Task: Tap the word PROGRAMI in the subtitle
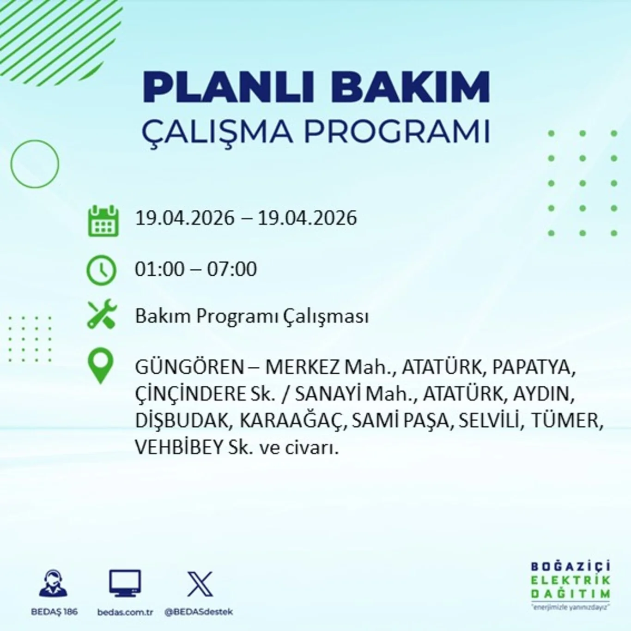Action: [x=396, y=131]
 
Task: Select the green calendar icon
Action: [x=103, y=222]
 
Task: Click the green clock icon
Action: [x=102, y=270]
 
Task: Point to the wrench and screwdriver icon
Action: [x=102, y=315]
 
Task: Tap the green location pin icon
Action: [x=101, y=365]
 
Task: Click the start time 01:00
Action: [x=159, y=269]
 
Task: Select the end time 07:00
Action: [x=232, y=269]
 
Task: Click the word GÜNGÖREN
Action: [x=189, y=367]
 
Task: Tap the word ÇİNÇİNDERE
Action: [x=190, y=394]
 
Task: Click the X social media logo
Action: [x=200, y=584]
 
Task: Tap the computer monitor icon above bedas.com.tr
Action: [x=125, y=583]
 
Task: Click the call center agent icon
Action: [x=54, y=583]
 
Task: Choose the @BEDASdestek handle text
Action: [x=199, y=612]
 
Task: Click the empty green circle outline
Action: [x=35, y=164]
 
